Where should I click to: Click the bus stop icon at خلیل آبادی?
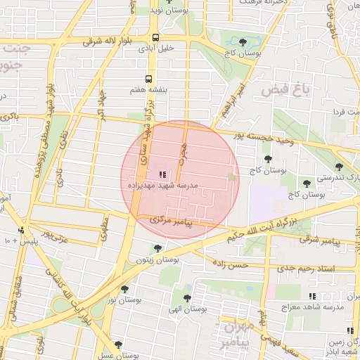(155, 37)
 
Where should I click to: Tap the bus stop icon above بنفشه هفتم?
(148, 79)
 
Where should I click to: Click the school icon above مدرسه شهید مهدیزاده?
(162, 174)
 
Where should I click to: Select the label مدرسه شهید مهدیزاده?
(162, 186)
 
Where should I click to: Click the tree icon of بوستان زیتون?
(157, 247)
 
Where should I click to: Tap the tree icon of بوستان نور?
(124, 288)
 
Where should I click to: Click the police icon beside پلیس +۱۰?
(22, 230)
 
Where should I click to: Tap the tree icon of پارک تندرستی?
(339, 167)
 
